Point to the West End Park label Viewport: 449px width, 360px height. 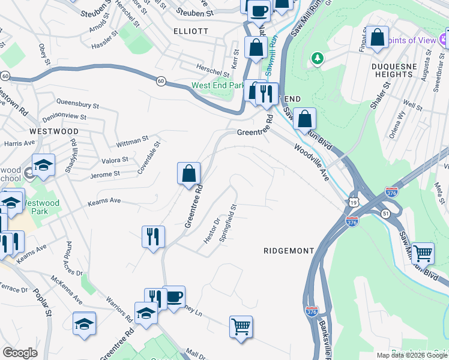[x=217, y=85]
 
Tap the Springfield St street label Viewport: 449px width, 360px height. [x=229, y=223]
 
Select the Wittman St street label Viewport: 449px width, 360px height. [x=133, y=142]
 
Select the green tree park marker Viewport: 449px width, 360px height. [x=317, y=58]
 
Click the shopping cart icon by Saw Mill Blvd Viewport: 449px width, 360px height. [x=423, y=253]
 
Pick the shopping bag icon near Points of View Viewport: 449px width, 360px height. [x=378, y=37]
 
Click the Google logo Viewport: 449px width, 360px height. [x=20, y=353]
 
